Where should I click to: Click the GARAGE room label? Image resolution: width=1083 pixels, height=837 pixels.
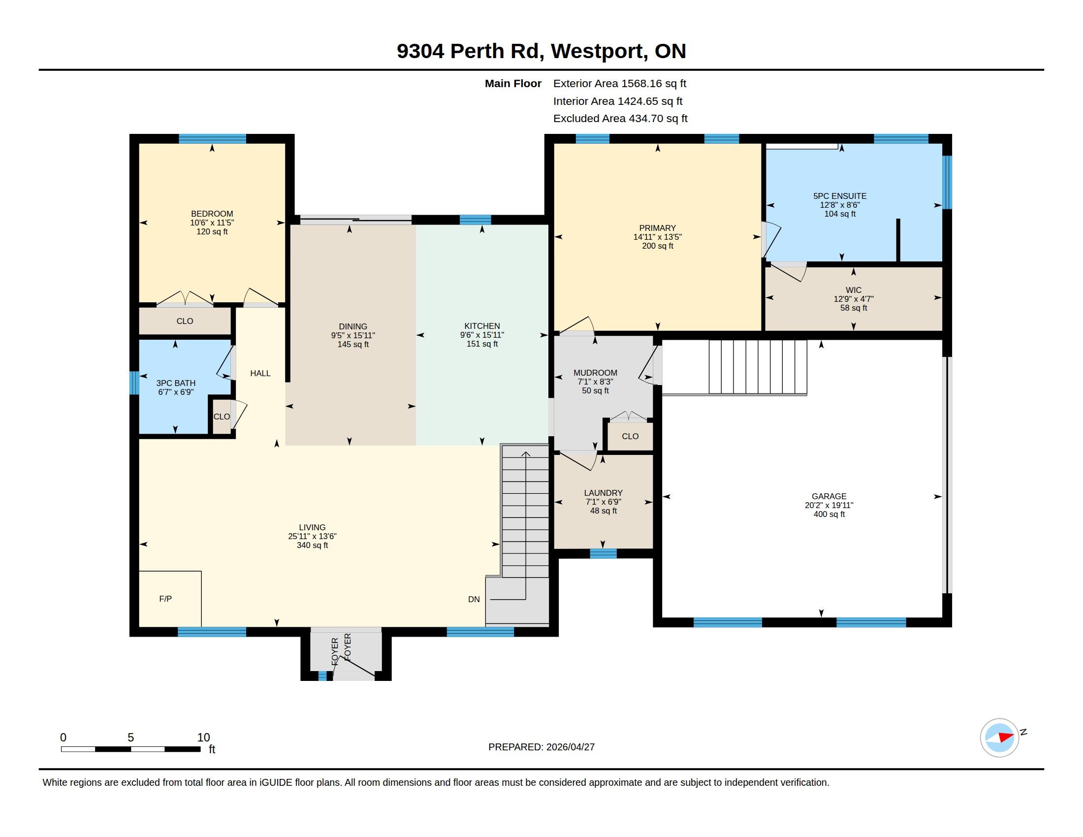click(x=829, y=496)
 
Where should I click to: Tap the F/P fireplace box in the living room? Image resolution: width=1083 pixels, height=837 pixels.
click(x=170, y=599)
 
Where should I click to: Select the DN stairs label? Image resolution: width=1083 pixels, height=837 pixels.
click(x=474, y=599)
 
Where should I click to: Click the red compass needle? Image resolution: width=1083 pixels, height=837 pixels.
click(x=1006, y=737)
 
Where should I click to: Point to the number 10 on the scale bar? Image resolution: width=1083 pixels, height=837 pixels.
click(x=204, y=738)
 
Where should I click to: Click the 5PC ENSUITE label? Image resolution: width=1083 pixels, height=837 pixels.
click(x=840, y=196)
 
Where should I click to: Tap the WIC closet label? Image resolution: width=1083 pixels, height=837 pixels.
click(x=854, y=290)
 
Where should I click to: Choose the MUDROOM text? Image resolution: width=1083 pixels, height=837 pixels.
click(x=595, y=373)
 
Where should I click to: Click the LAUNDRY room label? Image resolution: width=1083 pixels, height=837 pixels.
click(x=603, y=493)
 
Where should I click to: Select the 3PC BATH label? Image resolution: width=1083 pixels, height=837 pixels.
click(x=176, y=383)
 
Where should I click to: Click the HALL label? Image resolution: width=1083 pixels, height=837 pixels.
click(x=260, y=373)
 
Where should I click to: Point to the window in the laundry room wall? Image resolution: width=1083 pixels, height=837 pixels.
click(x=604, y=554)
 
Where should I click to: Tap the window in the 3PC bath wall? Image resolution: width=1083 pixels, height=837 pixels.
click(x=134, y=383)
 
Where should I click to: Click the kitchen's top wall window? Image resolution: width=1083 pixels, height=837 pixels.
click(x=475, y=220)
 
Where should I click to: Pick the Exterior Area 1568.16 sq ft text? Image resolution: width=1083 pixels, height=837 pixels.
click(x=620, y=83)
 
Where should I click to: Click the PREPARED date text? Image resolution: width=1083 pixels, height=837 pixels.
click(x=541, y=747)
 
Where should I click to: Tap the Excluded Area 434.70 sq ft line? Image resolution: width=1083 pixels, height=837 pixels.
click(x=620, y=119)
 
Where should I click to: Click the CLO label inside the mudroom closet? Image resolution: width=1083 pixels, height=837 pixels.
click(x=630, y=436)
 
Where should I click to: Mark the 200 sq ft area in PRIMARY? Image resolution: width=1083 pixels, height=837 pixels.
click(x=658, y=246)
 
